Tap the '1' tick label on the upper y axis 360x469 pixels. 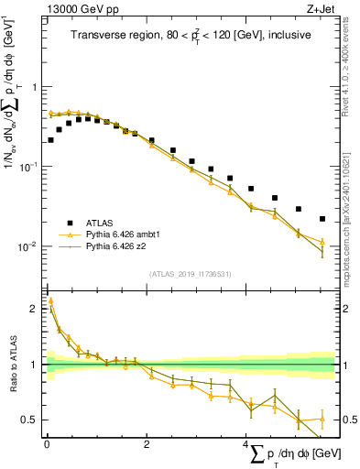point(36,87)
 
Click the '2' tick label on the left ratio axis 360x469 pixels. point(36,310)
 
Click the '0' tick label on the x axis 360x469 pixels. point(47,444)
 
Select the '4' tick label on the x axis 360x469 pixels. point(245,444)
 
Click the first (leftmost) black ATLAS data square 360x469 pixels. point(50,140)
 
